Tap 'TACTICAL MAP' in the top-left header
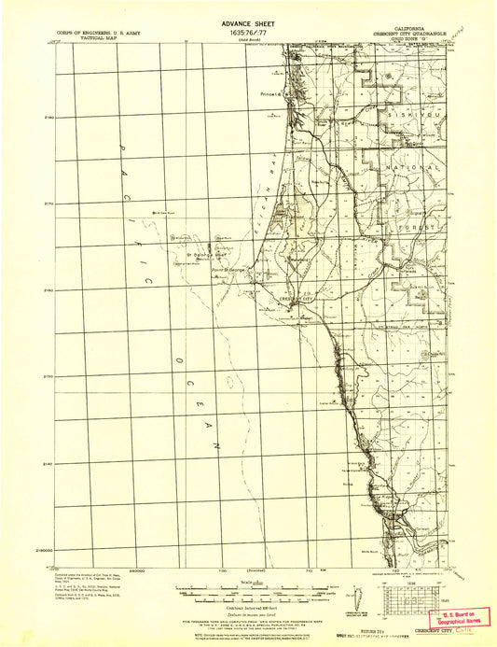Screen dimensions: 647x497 click(x=80, y=37)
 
